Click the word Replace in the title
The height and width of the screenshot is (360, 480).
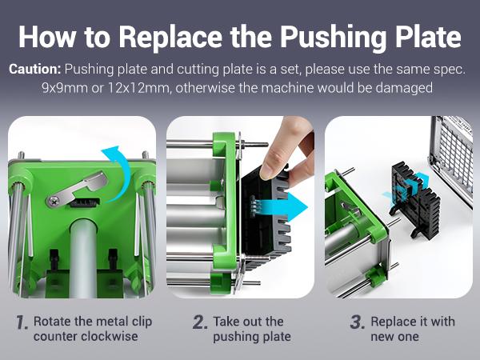(170, 38)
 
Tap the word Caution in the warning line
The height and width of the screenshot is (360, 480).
(35, 69)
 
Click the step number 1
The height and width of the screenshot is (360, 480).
(22, 322)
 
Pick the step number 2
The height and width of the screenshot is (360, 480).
(200, 322)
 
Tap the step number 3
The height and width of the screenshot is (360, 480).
(358, 322)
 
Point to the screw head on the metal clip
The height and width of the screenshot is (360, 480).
(54, 201)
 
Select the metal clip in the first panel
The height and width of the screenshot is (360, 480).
(77, 190)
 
